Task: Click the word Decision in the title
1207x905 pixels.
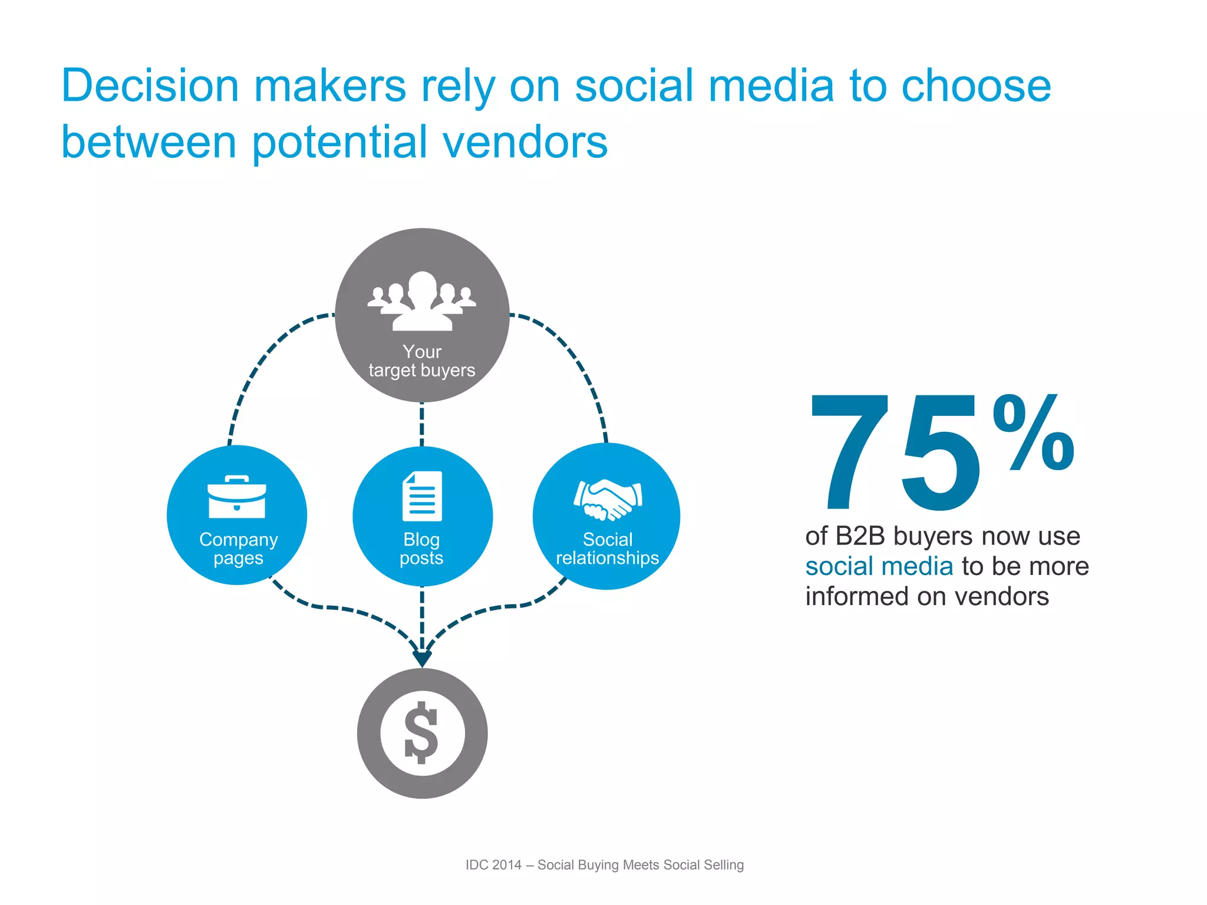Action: coord(150,86)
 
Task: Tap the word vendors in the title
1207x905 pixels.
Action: coord(525,143)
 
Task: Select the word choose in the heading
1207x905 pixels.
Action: coord(976,86)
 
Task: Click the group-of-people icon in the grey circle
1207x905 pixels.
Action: coord(422,300)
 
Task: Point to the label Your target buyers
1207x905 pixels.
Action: coord(422,361)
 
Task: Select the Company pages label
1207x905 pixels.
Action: coord(238,549)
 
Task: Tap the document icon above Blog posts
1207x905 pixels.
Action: coord(422,496)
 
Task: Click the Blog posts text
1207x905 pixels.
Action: coord(421,549)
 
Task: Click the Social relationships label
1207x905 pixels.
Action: coord(607,549)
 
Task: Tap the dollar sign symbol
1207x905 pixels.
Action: coord(422,732)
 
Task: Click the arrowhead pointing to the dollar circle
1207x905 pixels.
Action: coord(422,658)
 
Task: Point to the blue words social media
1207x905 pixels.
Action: coord(879,566)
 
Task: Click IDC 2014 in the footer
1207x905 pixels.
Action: coord(493,865)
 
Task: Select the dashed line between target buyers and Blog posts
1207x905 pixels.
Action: coord(422,424)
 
